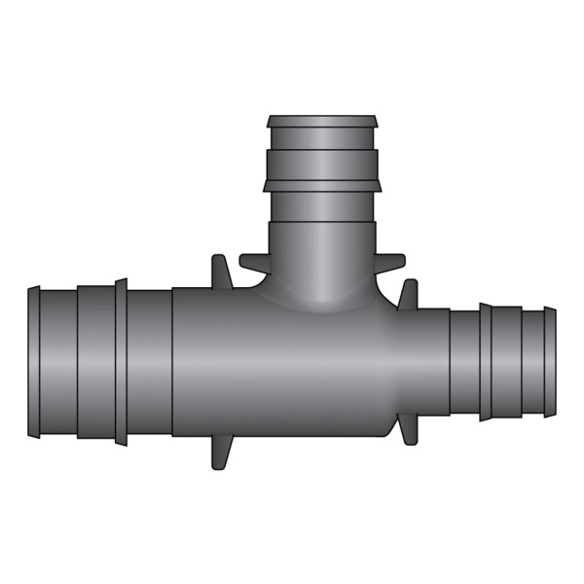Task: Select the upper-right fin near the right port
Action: [x=408, y=293]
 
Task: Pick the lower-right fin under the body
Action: [x=404, y=429]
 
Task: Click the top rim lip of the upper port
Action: [x=321, y=123]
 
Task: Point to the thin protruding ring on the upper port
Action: [x=321, y=184]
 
